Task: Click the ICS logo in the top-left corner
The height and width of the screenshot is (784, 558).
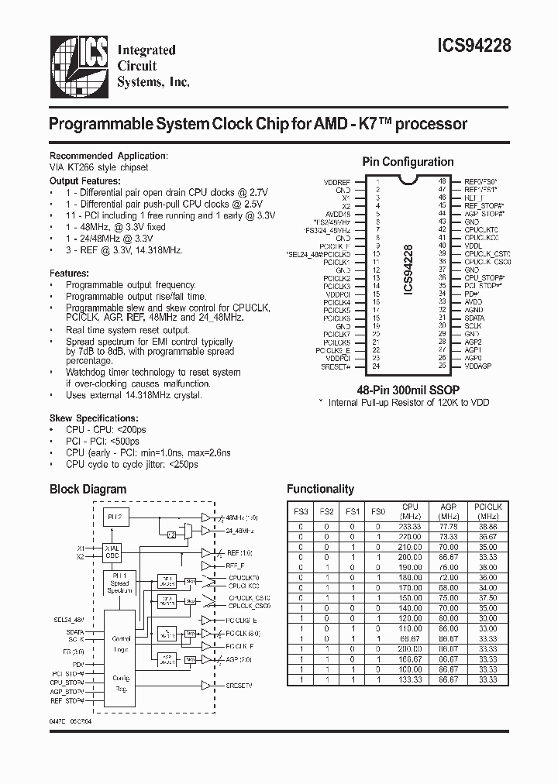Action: tap(78, 67)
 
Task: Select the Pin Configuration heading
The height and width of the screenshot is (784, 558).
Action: tap(408, 162)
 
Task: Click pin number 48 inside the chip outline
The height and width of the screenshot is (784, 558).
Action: tap(442, 181)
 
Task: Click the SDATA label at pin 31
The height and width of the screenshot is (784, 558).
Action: tap(474, 318)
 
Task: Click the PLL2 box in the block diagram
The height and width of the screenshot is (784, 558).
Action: tap(114, 518)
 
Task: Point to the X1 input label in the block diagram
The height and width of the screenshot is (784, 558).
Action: tap(80, 546)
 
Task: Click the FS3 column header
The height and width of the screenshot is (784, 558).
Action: tap(299, 511)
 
